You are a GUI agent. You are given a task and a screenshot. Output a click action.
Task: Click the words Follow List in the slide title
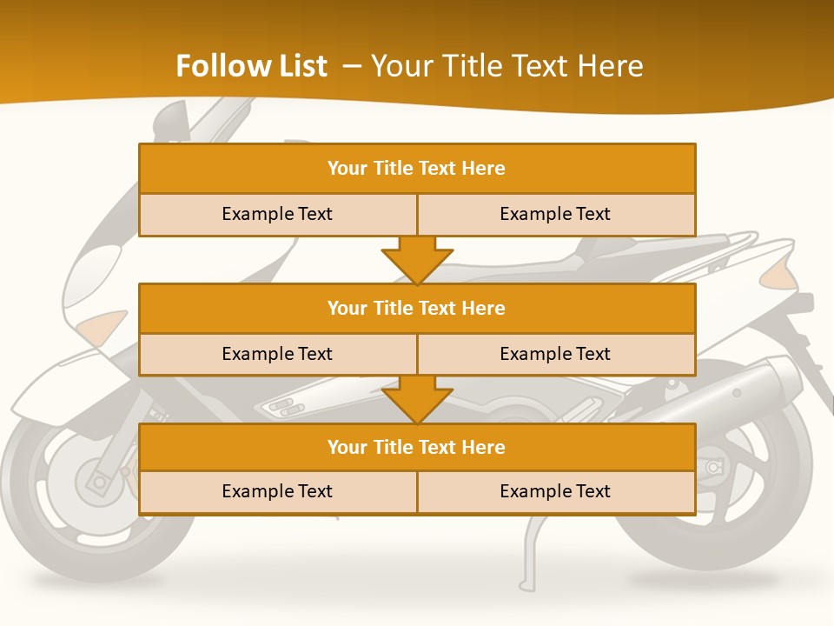tap(252, 66)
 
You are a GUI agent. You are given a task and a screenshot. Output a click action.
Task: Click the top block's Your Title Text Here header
tap(416, 169)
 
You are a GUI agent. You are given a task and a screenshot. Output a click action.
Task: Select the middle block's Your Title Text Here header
tap(416, 308)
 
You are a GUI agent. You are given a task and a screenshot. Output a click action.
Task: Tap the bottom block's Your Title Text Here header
tap(416, 447)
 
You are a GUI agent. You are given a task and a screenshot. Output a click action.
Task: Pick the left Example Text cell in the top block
tap(277, 214)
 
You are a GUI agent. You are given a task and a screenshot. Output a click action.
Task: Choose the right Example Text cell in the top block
tap(555, 214)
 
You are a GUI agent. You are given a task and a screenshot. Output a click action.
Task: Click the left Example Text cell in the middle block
tap(277, 354)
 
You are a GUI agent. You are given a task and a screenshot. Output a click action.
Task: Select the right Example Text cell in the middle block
tap(555, 354)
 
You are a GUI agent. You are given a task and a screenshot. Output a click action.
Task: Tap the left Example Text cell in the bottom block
tap(277, 491)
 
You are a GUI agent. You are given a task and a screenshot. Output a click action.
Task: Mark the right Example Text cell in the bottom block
tap(555, 491)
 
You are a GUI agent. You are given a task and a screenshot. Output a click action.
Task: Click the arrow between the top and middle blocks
tap(417, 259)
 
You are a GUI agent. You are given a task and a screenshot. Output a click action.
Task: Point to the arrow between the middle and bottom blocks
tap(417, 399)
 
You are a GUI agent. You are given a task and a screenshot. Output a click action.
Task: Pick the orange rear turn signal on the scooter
tap(778, 276)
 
